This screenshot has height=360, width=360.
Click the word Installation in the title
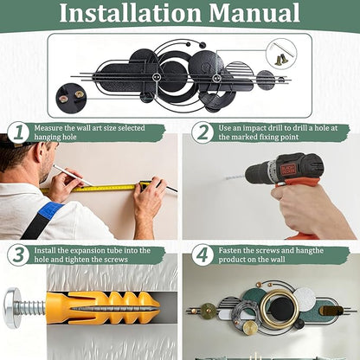click(130, 13)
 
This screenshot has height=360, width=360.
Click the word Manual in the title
click(254, 13)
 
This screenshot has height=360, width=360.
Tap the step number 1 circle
click(18, 133)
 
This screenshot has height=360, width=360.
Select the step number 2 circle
click(202, 133)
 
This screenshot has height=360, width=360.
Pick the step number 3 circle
click(18, 255)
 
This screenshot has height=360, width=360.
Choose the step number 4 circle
click(202, 255)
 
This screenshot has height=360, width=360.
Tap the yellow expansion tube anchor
click(102, 308)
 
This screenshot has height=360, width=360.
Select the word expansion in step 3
click(88, 250)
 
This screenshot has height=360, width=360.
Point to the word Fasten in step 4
click(229, 250)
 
